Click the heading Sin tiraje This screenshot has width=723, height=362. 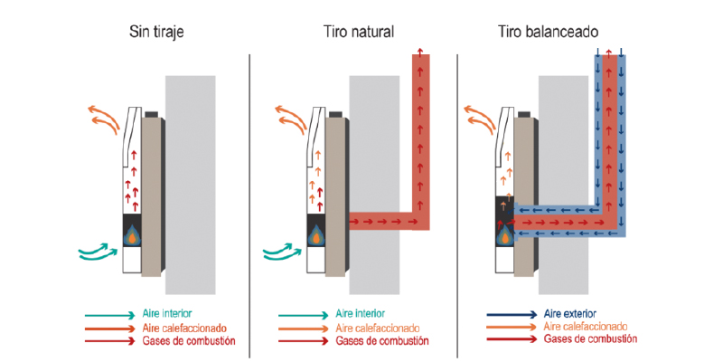pos(158,32)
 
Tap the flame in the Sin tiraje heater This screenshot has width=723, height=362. pos(132,234)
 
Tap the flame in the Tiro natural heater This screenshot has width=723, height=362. pos(317,234)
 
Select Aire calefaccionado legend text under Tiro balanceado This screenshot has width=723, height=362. pos(587,326)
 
